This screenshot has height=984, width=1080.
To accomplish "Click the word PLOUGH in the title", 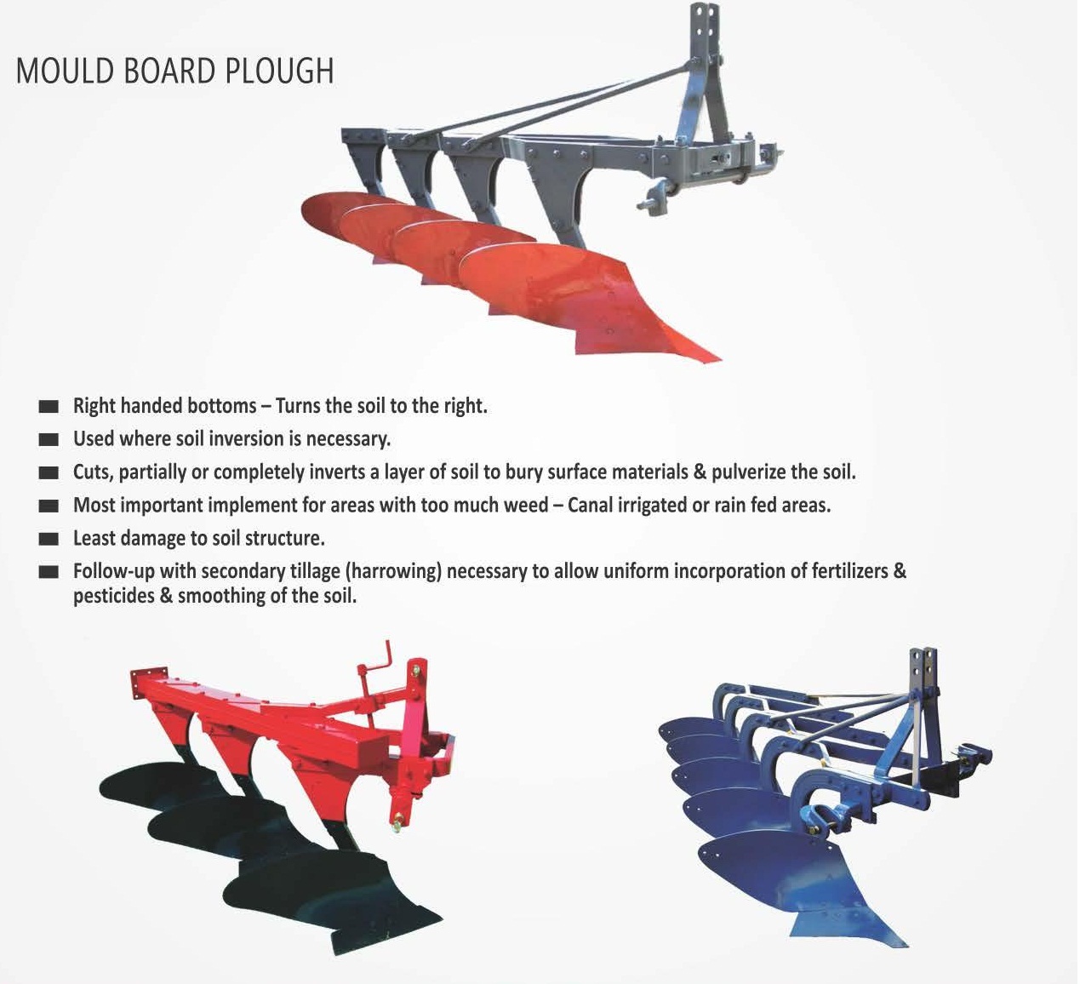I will click(x=279, y=72).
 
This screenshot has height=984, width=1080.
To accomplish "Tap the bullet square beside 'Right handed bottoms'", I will click(x=49, y=407).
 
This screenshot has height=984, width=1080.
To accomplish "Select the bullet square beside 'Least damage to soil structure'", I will click(x=49, y=539).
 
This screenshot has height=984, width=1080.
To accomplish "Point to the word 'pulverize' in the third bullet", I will click(x=750, y=472).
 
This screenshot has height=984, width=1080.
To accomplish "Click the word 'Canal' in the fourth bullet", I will click(x=594, y=506).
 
